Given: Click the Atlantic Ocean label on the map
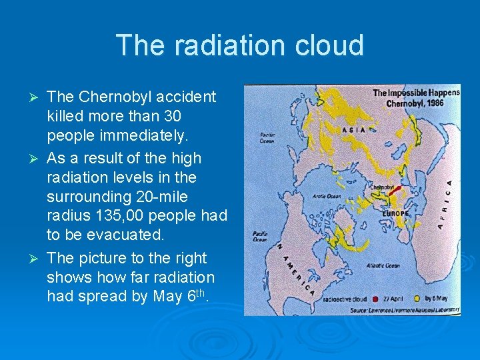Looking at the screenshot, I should pyautogui.click(x=383, y=265).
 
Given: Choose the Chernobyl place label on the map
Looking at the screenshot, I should pyautogui.click(x=381, y=188).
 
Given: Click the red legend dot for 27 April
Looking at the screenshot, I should pyautogui.click(x=377, y=298).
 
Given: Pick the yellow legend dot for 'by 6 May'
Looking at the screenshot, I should pyautogui.click(x=418, y=298).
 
